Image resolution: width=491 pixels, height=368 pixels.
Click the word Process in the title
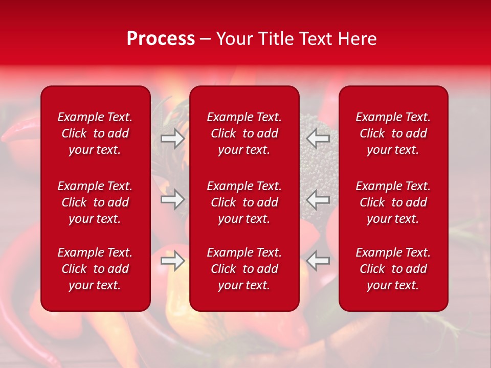point(161,39)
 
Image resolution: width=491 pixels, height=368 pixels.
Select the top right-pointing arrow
point(172,138)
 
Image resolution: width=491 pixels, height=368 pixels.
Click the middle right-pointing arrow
point(172,199)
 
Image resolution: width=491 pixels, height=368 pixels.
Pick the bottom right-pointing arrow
point(172,261)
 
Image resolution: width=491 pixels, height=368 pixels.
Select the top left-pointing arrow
point(318,138)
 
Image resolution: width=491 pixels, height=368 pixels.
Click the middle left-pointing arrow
point(318,199)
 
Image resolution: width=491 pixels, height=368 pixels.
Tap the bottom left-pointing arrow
point(318,261)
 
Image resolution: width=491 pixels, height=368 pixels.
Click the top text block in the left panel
point(95,133)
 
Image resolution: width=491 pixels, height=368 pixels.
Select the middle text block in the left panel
point(95,202)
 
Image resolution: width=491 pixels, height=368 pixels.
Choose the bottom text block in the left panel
point(95,269)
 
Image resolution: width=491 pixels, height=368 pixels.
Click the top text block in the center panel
point(244,133)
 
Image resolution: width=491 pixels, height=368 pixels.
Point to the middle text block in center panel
point(244,202)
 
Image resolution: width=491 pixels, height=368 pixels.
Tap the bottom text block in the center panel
point(244,269)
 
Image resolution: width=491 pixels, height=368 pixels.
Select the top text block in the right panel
point(393,133)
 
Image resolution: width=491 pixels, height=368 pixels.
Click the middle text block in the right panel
point(393,202)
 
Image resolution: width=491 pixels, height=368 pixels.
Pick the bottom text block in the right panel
point(393,269)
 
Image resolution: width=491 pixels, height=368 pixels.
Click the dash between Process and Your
point(206,39)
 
